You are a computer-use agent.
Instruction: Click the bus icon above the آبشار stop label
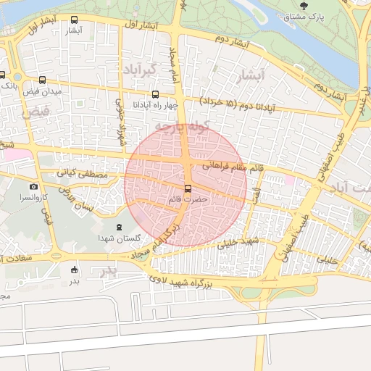click(75, 20)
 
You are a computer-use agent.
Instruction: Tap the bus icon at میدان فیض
click(42, 80)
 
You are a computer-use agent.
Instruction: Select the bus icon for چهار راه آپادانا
click(155, 94)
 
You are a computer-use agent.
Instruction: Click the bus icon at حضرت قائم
click(188, 188)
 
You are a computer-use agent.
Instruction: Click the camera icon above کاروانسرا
click(33, 187)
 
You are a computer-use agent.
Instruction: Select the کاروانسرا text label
click(33, 197)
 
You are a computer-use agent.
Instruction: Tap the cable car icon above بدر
click(73, 270)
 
